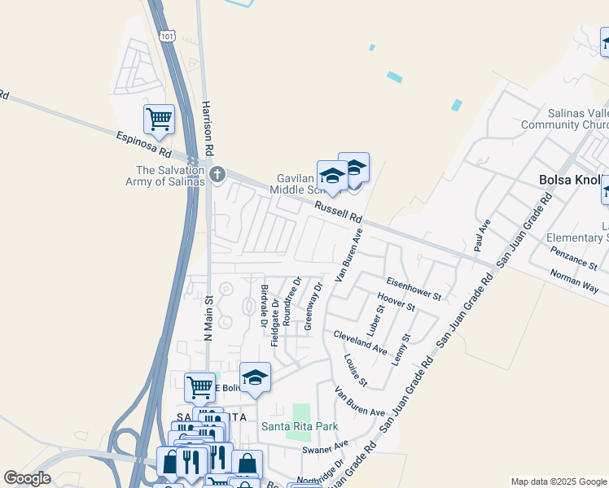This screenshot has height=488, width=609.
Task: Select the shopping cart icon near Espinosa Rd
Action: (x=159, y=119)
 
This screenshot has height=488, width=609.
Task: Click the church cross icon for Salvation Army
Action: (x=217, y=173)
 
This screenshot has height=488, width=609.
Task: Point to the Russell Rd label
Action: (x=339, y=212)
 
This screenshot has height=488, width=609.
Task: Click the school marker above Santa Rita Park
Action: (x=255, y=377)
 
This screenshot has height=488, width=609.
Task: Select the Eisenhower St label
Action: (x=414, y=288)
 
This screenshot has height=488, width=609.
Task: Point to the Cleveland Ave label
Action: (x=359, y=342)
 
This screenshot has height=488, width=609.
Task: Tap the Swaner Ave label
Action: (x=325, y=448)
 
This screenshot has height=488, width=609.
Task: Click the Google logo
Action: (x=27, y=477)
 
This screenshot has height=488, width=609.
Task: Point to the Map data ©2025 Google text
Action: (x=558, y=481)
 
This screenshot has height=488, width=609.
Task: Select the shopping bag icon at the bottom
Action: (x=247, y=465)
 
